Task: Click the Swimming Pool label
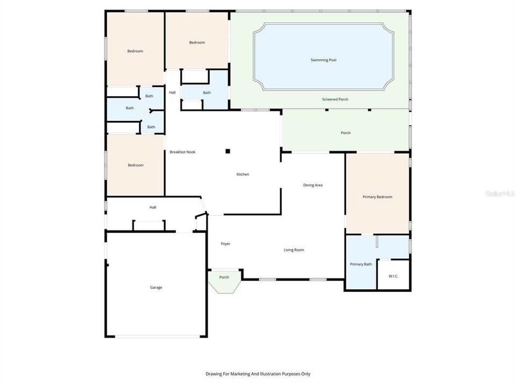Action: pos(323,60)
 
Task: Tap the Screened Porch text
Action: pos(335,99)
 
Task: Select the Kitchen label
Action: pos(243,174)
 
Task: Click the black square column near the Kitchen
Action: pos(228,152)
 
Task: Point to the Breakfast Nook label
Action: pos(182,152)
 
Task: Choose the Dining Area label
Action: pos(312,185)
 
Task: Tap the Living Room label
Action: pos(294,250)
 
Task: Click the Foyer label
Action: pos(226,244)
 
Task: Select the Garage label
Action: pos(156,288)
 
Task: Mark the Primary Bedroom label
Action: pos(377,197)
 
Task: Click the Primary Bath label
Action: pos(361,264)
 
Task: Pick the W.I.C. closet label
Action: pos(394,276)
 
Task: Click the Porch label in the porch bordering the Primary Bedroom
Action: pos(346,133)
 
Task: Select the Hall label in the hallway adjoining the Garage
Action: pos(153,207)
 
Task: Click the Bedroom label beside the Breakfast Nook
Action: pos(135,166)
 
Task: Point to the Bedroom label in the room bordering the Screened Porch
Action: pos(197,42)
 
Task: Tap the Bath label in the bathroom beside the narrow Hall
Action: pos(207,92)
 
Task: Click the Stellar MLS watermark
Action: pos(499,193)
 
